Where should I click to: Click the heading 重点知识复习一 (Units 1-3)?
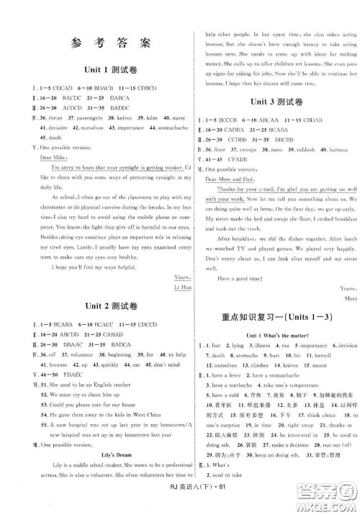pos(271,299)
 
